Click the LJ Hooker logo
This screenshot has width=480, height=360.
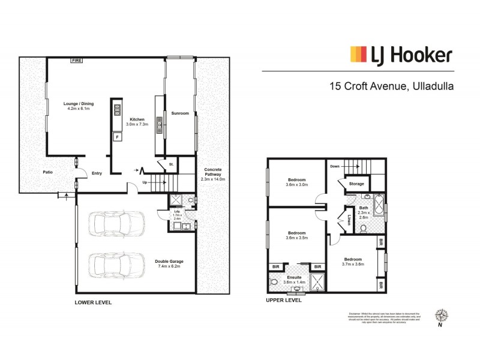[401, 56]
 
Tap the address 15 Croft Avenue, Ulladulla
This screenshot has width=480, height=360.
[391, 86]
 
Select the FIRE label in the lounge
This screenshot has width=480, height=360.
[77, 60]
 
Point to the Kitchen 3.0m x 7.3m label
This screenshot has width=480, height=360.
[137, 122]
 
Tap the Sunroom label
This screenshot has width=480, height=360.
[180, 113]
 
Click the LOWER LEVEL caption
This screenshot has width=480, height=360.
[93, 302]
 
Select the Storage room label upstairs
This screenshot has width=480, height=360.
[357, 184]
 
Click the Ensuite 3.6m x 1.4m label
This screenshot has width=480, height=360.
[293, 279]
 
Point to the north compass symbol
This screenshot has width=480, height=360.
[443, 316]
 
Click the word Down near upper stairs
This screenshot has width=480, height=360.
[335, 167]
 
